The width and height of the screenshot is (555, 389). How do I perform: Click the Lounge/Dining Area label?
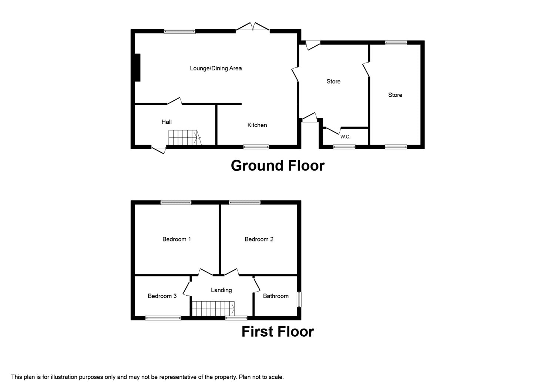pyautogui.click(x=216, y=68)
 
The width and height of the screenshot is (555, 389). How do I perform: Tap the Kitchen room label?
pyautogui.click(x=257, y=125)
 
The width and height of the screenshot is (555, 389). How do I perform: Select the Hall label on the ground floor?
pyautogui.click(x=166, y=122)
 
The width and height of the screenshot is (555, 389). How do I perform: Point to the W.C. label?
pyautogui.click(x=345, y=137)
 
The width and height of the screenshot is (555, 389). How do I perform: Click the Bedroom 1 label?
pyautogui.click(x=176, y=239)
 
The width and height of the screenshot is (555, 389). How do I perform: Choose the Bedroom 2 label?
pyautogui.click(x=259, y=239)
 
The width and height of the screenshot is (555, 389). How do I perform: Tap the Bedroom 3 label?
pyautogui.click(x=162, y=296)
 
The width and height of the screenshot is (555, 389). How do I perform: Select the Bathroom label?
pyautogui.click(x=276, y=296)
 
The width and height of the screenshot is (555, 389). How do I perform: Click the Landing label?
pyautogui.click(x=221, y=290)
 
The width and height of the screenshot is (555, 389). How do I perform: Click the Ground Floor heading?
pyautogui.click(x=277, y=166)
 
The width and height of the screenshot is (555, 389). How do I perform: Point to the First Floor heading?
pyautogui.click(x=277, y=332)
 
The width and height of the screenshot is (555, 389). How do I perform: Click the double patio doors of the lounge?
pyautogui.click(x=252, y=27)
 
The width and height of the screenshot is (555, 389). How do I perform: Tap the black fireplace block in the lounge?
pyautogui.click(x=138, y=67)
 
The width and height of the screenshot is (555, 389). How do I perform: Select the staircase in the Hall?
pyautogui.click(x=185, y=137)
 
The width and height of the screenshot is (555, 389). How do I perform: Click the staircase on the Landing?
pyautogui.click(x=213, y=308)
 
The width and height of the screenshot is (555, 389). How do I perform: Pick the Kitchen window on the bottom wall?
pyautogui.click(x=256, y=147)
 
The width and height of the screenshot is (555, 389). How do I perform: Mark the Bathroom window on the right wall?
pyautogui.click(x=299, y=299)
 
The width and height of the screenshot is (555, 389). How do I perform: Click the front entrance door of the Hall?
pyautogui.click(x=159, y=150)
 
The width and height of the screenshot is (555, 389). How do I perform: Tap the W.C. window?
pyautogui.click(x=344, y=147)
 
